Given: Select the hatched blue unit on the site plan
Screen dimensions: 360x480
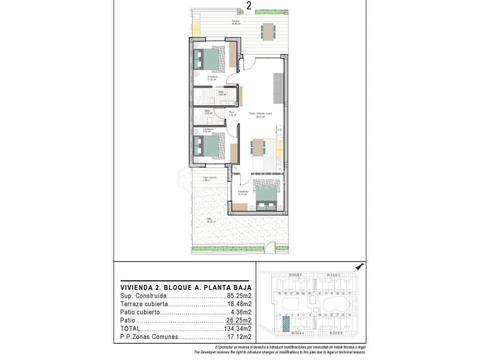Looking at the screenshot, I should point(286,322).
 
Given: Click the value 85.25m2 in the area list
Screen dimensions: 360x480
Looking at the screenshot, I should point(239,296).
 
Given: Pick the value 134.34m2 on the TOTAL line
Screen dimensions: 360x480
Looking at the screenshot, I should point(237,329).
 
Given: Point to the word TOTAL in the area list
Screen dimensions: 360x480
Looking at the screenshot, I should point(131,329).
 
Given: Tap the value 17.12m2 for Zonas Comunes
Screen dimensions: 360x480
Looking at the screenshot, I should point(239,337).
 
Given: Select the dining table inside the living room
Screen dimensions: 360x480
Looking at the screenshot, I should point(257,147).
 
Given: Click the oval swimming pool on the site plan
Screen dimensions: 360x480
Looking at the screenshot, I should point(332,304).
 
